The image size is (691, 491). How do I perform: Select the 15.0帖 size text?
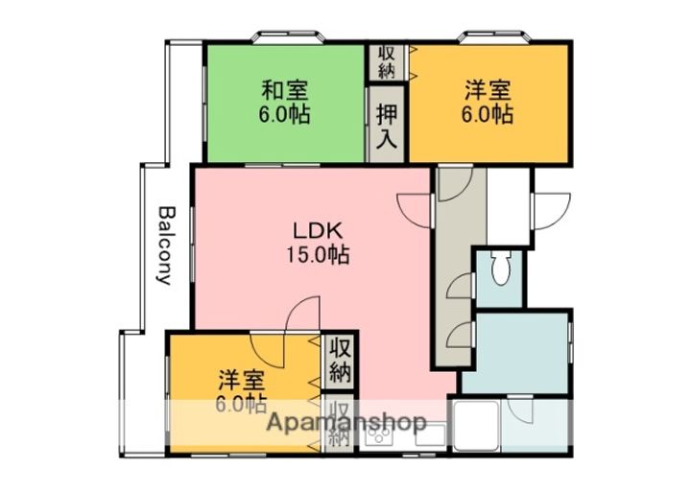click(x=316, y=255)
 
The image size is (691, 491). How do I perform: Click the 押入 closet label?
click(x=386, y=125)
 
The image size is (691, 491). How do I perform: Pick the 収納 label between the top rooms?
click(x=386, y=61)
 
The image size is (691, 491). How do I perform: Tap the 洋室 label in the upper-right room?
click(x=488, y=91)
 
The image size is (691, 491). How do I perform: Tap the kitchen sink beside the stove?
click(x=427, y=438)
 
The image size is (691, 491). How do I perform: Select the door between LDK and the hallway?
click(x=416, y=205)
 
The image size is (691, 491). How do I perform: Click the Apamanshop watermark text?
click(x=346, y=422)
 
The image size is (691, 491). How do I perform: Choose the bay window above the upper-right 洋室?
click(x=489, y=38)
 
